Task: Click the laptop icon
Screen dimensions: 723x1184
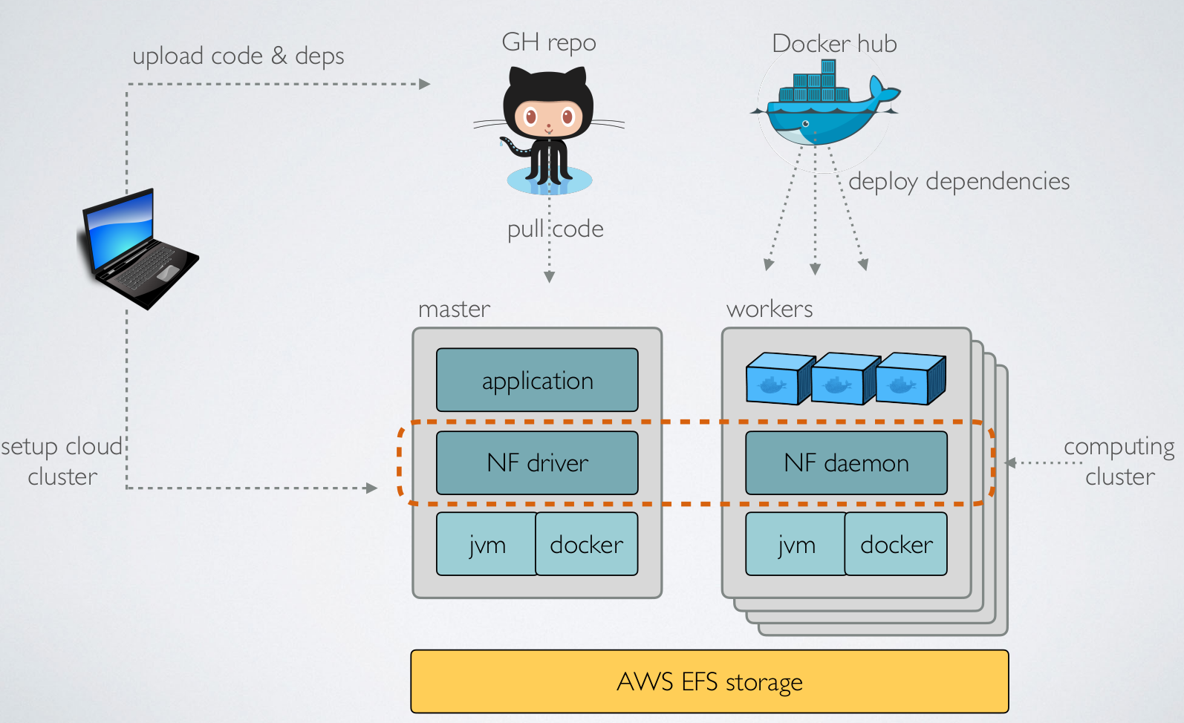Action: click(x=138, y=249)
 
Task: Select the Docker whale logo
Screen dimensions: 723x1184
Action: click(x=824, y=108)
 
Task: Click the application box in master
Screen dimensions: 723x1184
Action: click(x=537, y=380)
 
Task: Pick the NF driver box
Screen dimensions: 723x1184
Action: click(x=537, y=463)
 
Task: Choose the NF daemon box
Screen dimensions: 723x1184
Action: click(x=846, y=463)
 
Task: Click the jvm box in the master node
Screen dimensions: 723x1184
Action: click(x=487, y=544)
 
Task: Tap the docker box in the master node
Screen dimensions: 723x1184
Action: click(x=587, y=544)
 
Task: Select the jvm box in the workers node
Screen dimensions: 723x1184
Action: click(x=796, y=544)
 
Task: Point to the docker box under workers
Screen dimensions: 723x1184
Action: click(x=896, y=544)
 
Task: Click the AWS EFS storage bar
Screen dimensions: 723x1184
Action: click(x=709, y=681)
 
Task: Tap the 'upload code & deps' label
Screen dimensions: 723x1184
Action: click(x=238, y=56)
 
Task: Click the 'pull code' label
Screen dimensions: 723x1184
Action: click(x=555, y=229)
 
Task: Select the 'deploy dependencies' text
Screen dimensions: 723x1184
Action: click(x=959, y=181)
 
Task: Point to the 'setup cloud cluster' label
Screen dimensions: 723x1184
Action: click(x=62, y=461)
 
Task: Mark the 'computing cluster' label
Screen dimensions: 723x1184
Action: click(x=1119, y=461)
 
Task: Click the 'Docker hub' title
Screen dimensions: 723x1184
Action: click(x=834, y=43)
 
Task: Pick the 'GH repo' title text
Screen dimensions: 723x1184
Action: click(x=549, y=42)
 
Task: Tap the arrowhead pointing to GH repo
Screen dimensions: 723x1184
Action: click(x=425, y=84)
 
